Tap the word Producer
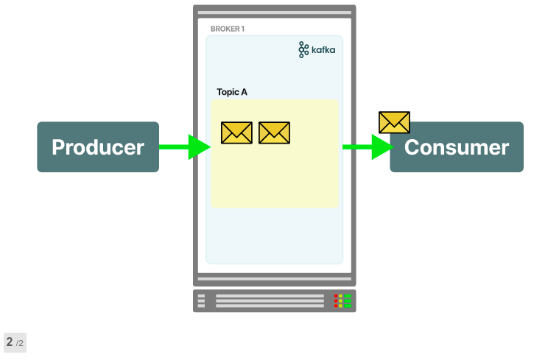(x=97, y=147)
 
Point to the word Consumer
(x=457, y=147)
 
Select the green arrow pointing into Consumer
(x=368, y=147)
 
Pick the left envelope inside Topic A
(x=236, y=133)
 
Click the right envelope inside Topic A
(x=274, y=133)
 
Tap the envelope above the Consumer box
(x=394, y=122)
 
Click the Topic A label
(x=232, y=92)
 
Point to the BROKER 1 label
(x=228, y=29)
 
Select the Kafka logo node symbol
(x=303, y=50)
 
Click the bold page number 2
(x=10, y=342)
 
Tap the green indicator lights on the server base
(x=348, y=300)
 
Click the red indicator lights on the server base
(x=337, y=300)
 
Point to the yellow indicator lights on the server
(x=341, y=300)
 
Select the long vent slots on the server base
(x=270, y=300)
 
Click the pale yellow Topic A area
(x=274, y=177)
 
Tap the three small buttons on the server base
(x=201, y=300)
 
